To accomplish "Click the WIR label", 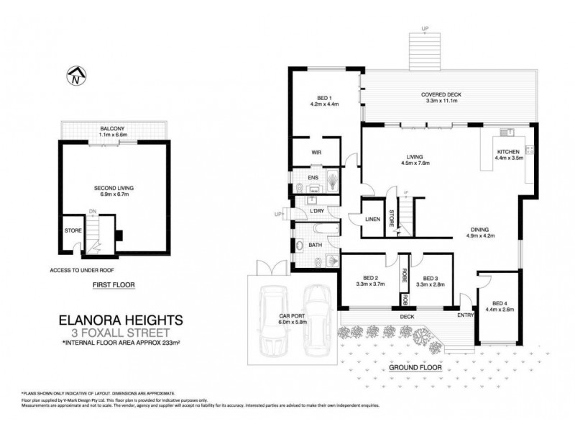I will coord(315,153).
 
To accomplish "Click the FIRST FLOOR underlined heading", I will coord(114,284).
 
